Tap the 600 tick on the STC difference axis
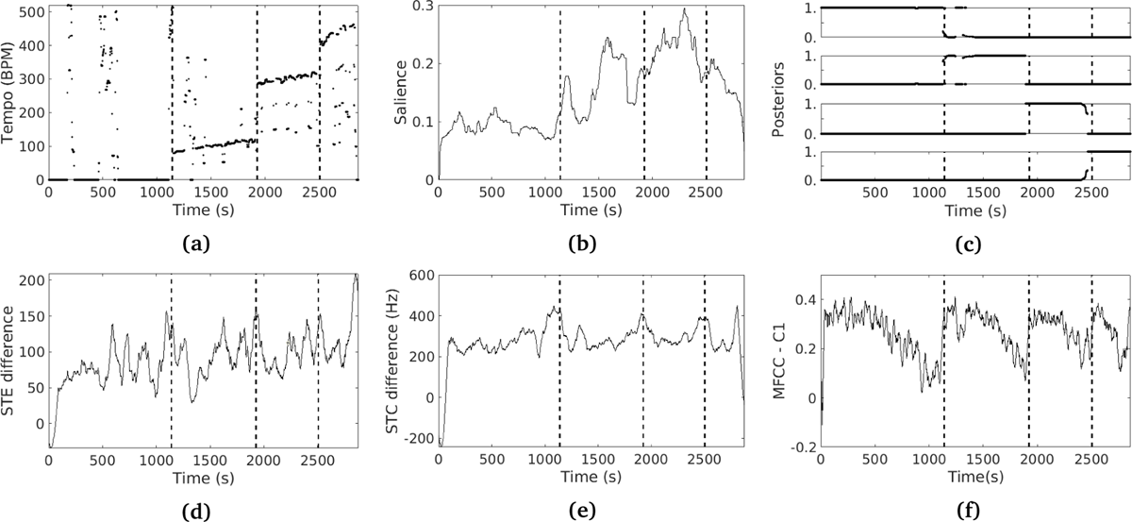(417, 275)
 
